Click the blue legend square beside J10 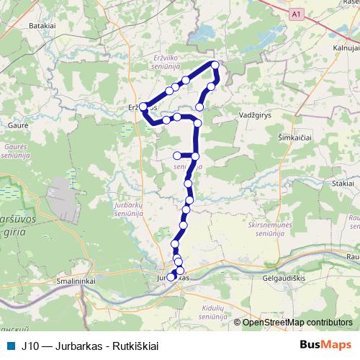tap(9, 345)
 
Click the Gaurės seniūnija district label tap(15, 150)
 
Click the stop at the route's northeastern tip tap(214, 66)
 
